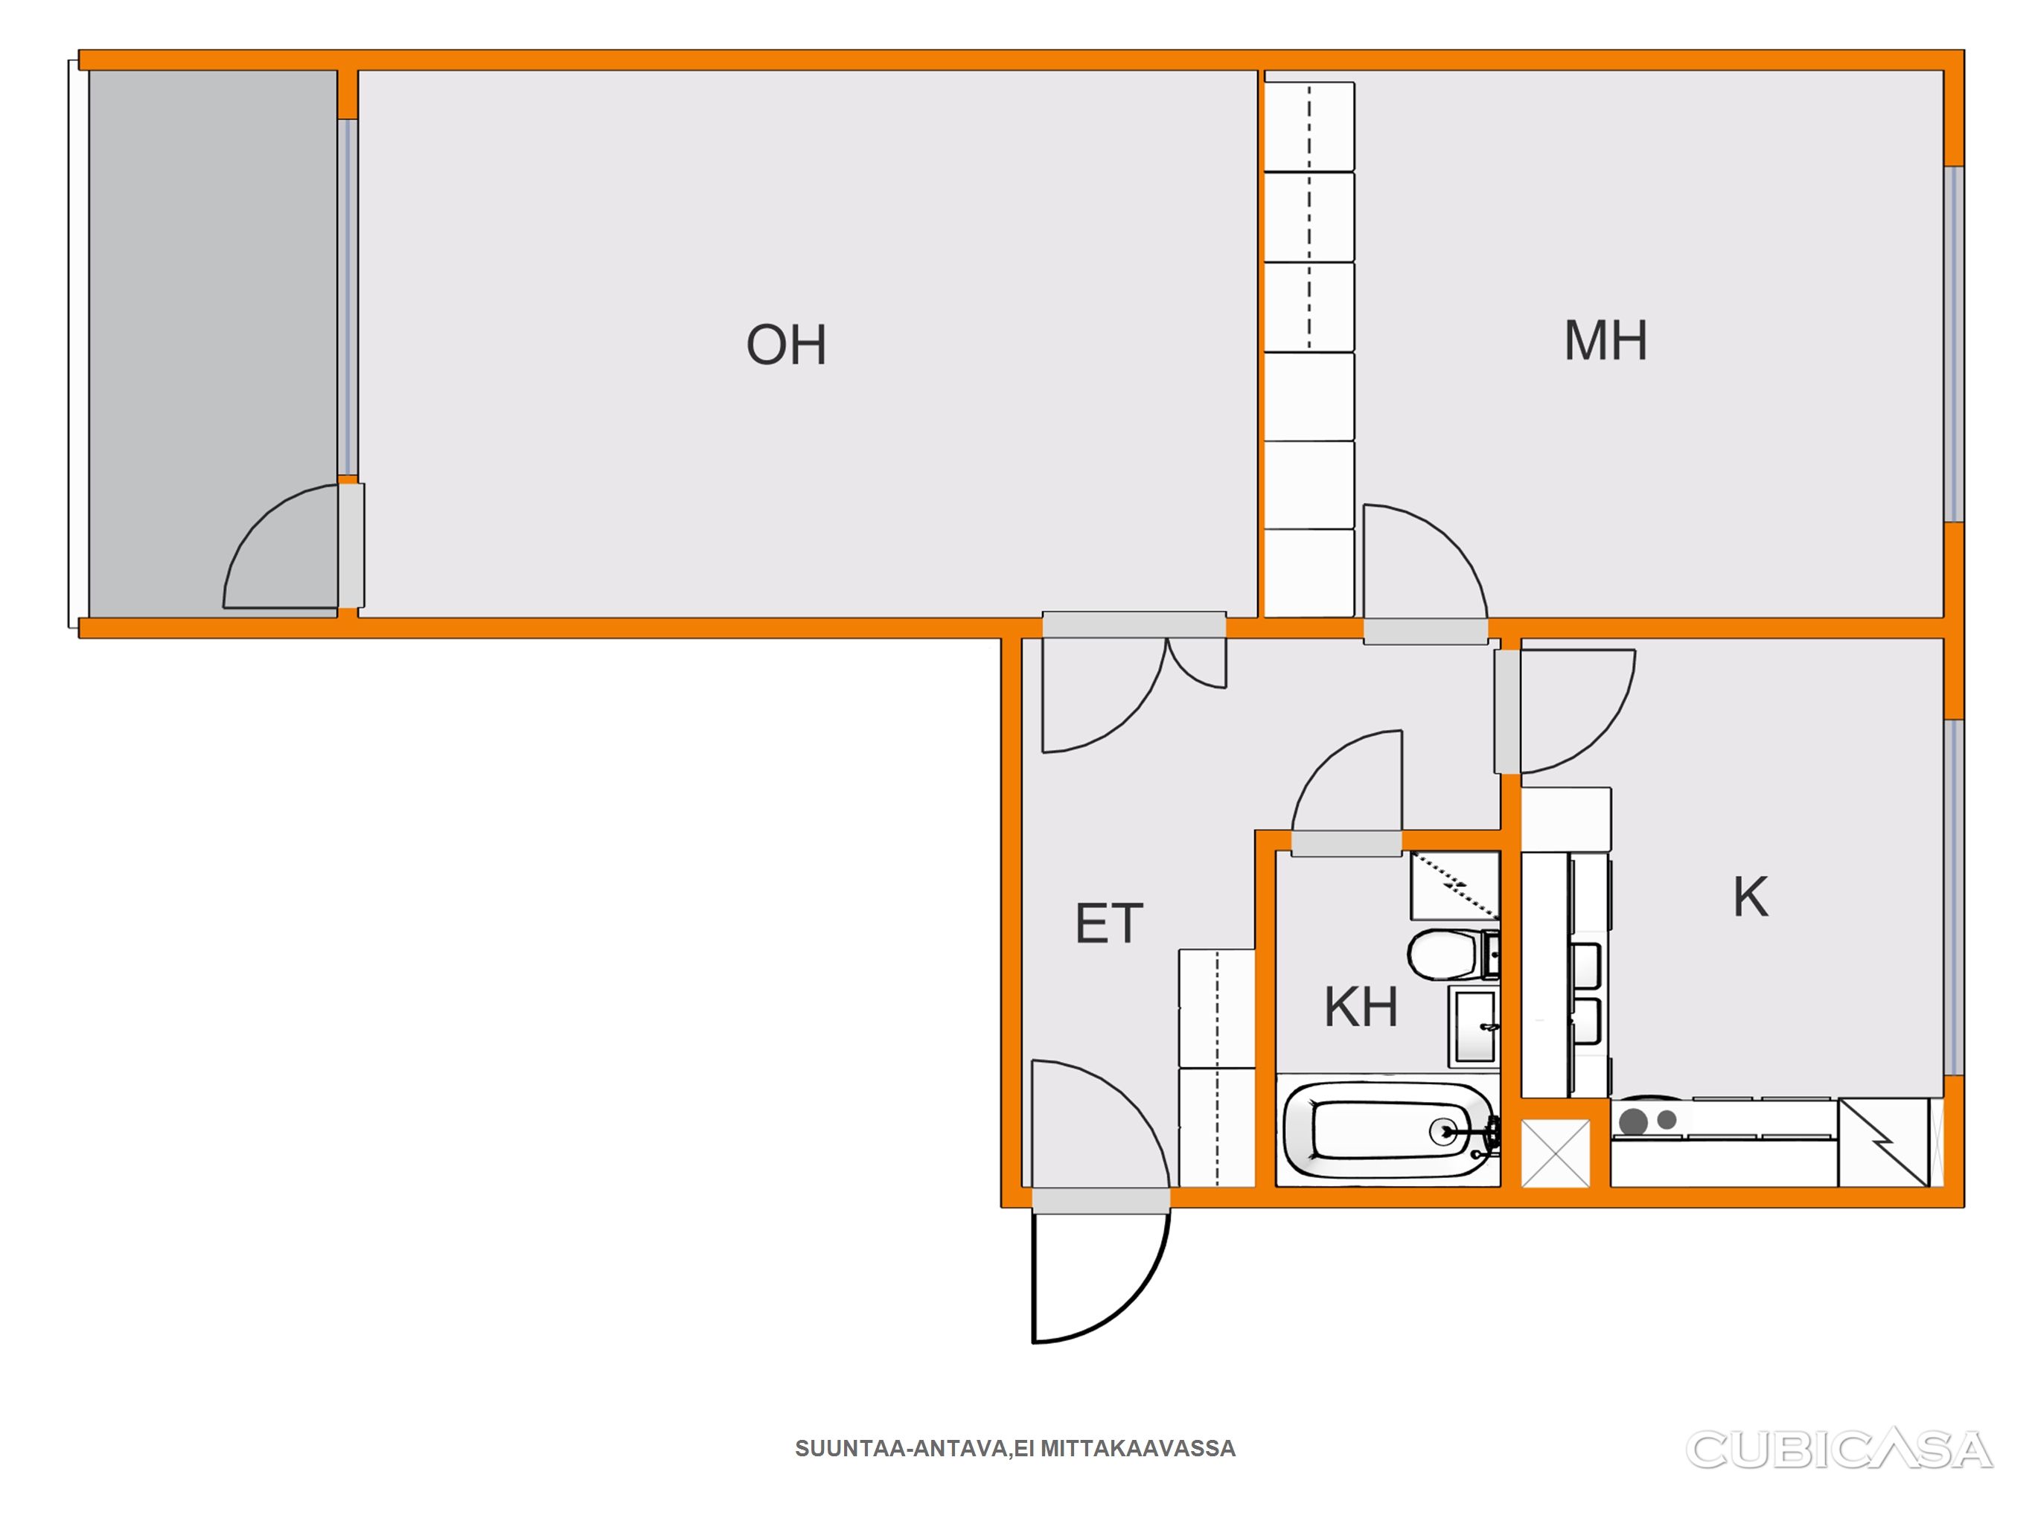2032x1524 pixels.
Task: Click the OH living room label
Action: [786, 345]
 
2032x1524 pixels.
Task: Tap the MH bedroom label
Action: [1606, 341]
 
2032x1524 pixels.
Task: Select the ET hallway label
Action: [1109, 923]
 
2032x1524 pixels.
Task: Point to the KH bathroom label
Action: [1361, 1007]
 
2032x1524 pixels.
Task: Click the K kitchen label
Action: [1751, 897]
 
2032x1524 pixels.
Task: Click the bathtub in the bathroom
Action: [1388, 1130]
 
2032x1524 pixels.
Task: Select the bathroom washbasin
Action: [1474, 1027]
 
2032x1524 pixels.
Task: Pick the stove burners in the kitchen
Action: [1648, 1121]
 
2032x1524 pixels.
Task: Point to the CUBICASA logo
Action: [1838, 1450]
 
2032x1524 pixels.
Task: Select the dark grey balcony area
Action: [213, 344]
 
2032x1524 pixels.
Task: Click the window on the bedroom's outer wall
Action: [1954, 345]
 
